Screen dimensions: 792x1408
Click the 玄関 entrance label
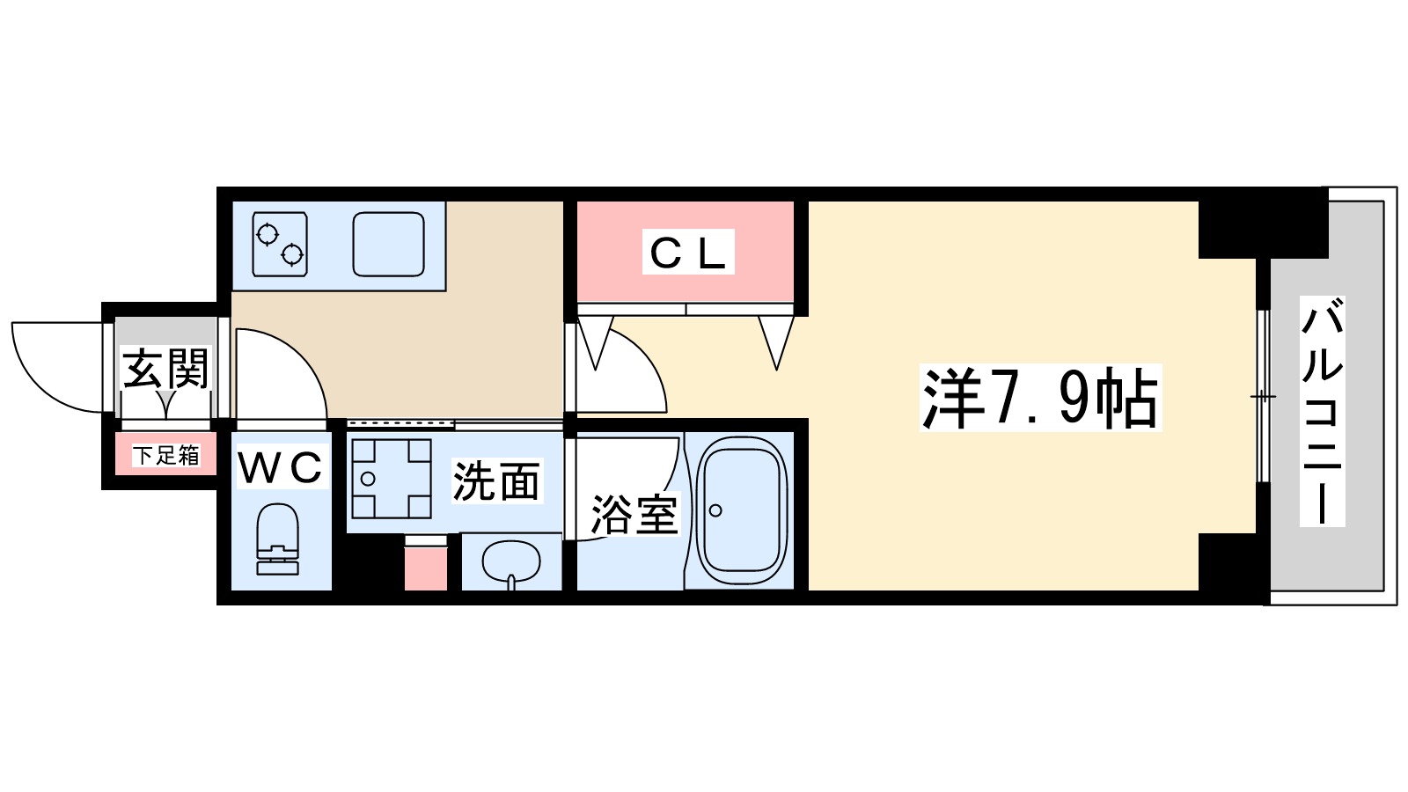(x=166, y=368)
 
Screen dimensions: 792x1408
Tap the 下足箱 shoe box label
(x=166, y=455)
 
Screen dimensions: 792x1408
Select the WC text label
(x=282, y=467)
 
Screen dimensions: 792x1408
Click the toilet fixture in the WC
(x=278, y=539)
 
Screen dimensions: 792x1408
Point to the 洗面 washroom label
(x=496, y=481)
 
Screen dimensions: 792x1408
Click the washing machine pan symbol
(x=392, y=479)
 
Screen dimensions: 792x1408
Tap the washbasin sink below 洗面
(x=511, y=561)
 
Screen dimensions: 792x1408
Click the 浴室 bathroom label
(x=634, y=514)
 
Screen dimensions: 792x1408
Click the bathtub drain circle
(x=715, y=510)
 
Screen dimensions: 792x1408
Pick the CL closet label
(x=687, y=253)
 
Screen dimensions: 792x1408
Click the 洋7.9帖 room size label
(x=1039, y=398)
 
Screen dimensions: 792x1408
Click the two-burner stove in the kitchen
(x=280, y=244)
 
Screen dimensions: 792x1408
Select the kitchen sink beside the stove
(x=388, y=244)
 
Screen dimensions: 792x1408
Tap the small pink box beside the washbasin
(x=426, y=568)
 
